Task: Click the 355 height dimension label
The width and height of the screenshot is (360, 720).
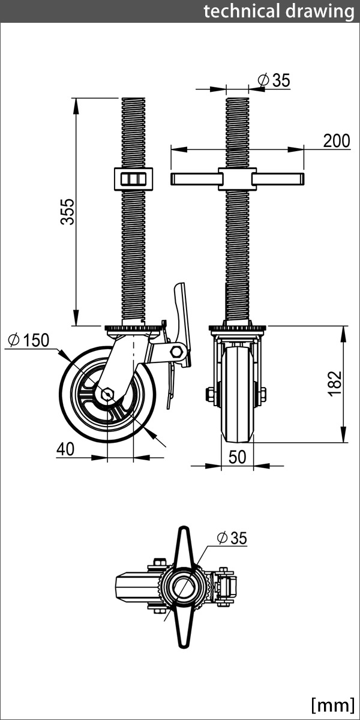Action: pyautogui.click(x=70, y=211)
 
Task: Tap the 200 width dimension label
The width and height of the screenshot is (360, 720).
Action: pyautogui.click(x=336, y=141)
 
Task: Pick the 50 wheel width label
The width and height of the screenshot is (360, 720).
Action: pyautogui.click(x=238, y=457)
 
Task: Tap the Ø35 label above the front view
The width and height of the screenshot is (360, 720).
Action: pyautogui.click(x=273, y=80)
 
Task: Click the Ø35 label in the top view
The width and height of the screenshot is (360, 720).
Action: pyautogui.click(x=230, y=538)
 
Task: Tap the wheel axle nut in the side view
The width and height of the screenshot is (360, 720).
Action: pyautogui.click(x=107, y=394)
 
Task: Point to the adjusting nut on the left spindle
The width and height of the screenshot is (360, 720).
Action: pyautogui.click(x=133, y=178)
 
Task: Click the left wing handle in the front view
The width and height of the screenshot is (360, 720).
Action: pyautogui.click(x=194, y=178)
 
